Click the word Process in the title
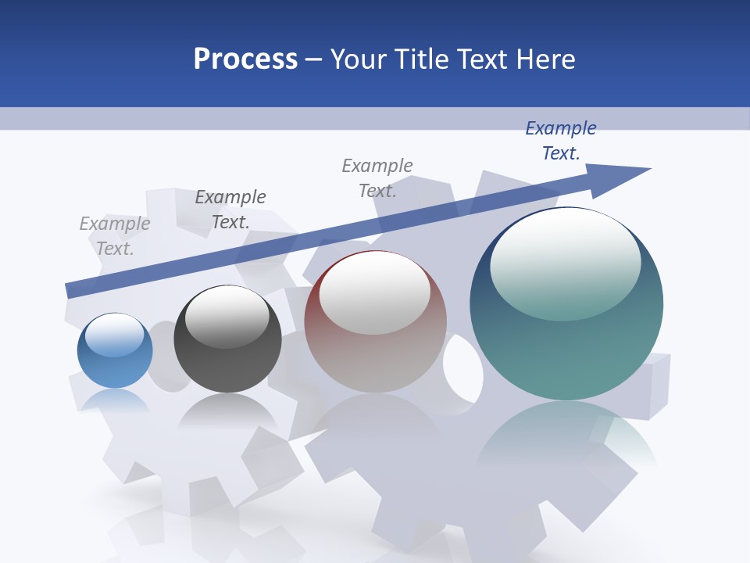tap(245, 59)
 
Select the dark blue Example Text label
tap(561, 141)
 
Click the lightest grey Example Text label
tap(115, 236)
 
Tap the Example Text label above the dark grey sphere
tap(230, 210)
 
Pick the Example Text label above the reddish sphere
tap(377, 178)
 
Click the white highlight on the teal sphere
tap(565, 262)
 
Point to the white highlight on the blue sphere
tap(115, 335)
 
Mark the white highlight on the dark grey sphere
tap(227, 316)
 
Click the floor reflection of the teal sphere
tap(566, 438)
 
